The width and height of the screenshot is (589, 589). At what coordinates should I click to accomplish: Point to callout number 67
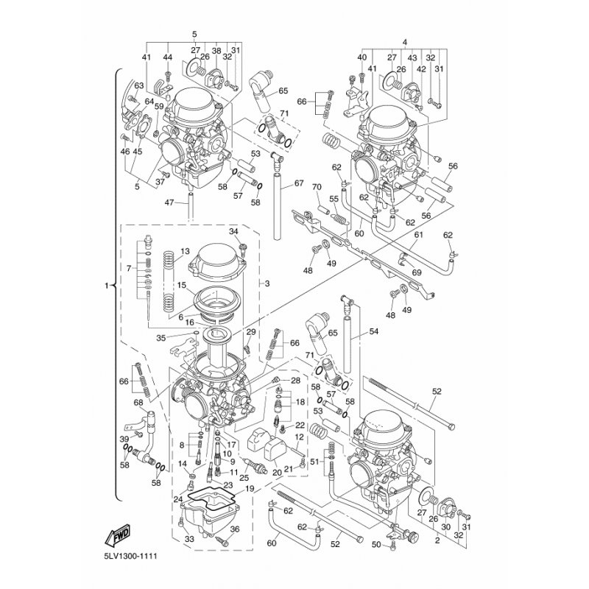[299, 183]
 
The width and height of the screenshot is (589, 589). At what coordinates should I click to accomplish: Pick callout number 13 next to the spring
[184, 251]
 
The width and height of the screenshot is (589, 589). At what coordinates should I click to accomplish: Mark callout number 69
[416, 273]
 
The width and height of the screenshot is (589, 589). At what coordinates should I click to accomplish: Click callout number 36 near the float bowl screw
[235, 529]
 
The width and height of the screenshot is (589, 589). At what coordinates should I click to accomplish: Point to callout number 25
[243, 479]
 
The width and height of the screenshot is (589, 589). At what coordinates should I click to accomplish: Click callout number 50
[376, 545]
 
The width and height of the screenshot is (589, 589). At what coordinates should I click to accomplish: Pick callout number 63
[138, 86]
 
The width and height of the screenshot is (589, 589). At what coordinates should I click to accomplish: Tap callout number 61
[417, 235]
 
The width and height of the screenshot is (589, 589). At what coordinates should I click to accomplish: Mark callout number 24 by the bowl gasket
[177, 500]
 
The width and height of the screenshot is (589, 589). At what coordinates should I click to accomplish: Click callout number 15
[180, 285]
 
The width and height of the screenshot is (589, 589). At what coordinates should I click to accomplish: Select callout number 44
[168, 57]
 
